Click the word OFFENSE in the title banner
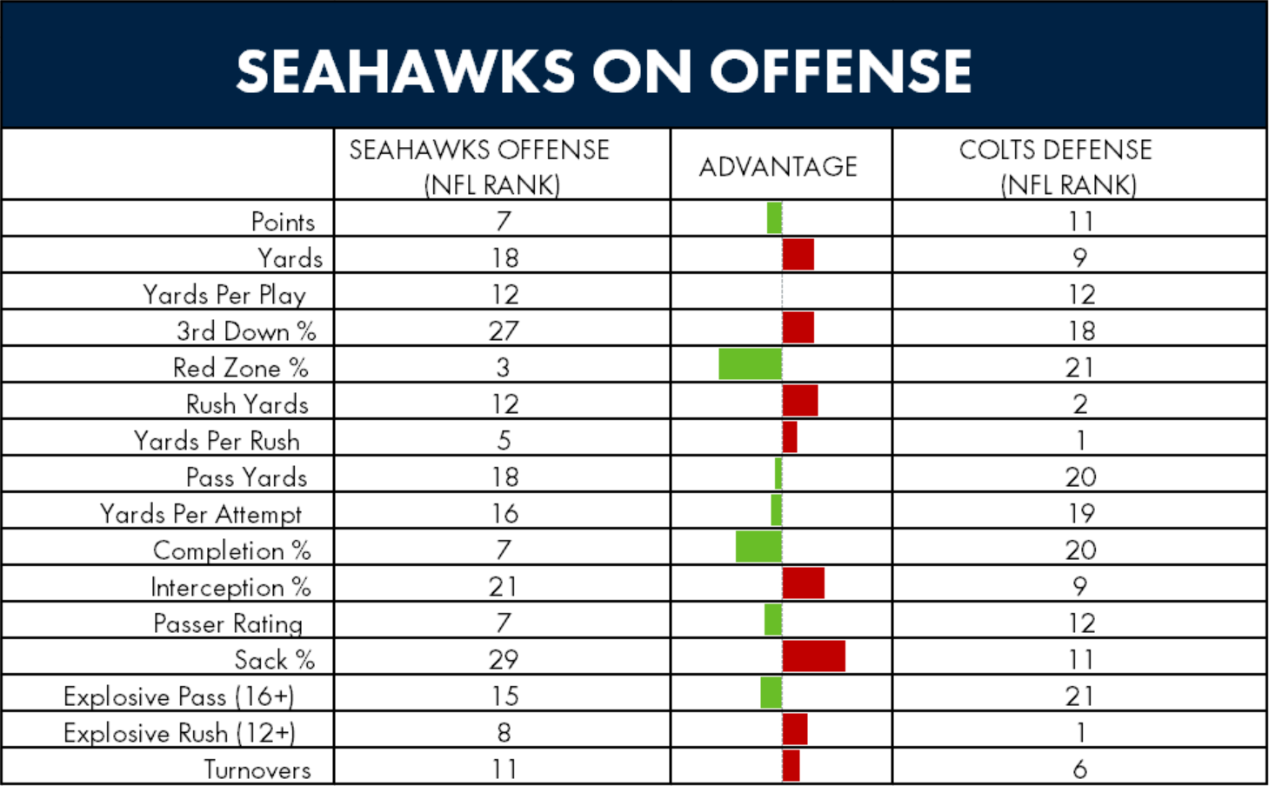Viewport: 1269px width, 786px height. (840, 71)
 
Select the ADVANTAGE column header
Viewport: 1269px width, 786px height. (778, 167)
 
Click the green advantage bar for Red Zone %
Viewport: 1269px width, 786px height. (750, 364)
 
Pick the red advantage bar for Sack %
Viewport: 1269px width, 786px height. (814, 656)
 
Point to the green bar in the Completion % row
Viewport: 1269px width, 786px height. (758, 547)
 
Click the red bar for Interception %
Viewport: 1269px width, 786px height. (804, 583)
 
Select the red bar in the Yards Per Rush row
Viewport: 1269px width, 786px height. (790, 437)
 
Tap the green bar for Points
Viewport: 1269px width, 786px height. (774, 218)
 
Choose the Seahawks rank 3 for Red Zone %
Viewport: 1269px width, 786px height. (503, 368)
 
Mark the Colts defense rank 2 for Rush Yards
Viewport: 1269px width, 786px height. (1080, 404)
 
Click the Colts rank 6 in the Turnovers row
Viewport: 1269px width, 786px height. (1080, 769)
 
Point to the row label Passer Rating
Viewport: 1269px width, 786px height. (228, 623)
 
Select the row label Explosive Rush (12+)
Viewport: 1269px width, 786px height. (179, 733)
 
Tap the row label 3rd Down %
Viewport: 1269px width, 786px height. (246, 331)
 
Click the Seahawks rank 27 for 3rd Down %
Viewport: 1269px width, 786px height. (504, 331)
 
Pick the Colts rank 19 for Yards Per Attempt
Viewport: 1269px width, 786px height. (1081, 514)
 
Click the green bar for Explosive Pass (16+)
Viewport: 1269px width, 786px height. (771, 693)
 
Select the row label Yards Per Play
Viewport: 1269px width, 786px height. (224, 295)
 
